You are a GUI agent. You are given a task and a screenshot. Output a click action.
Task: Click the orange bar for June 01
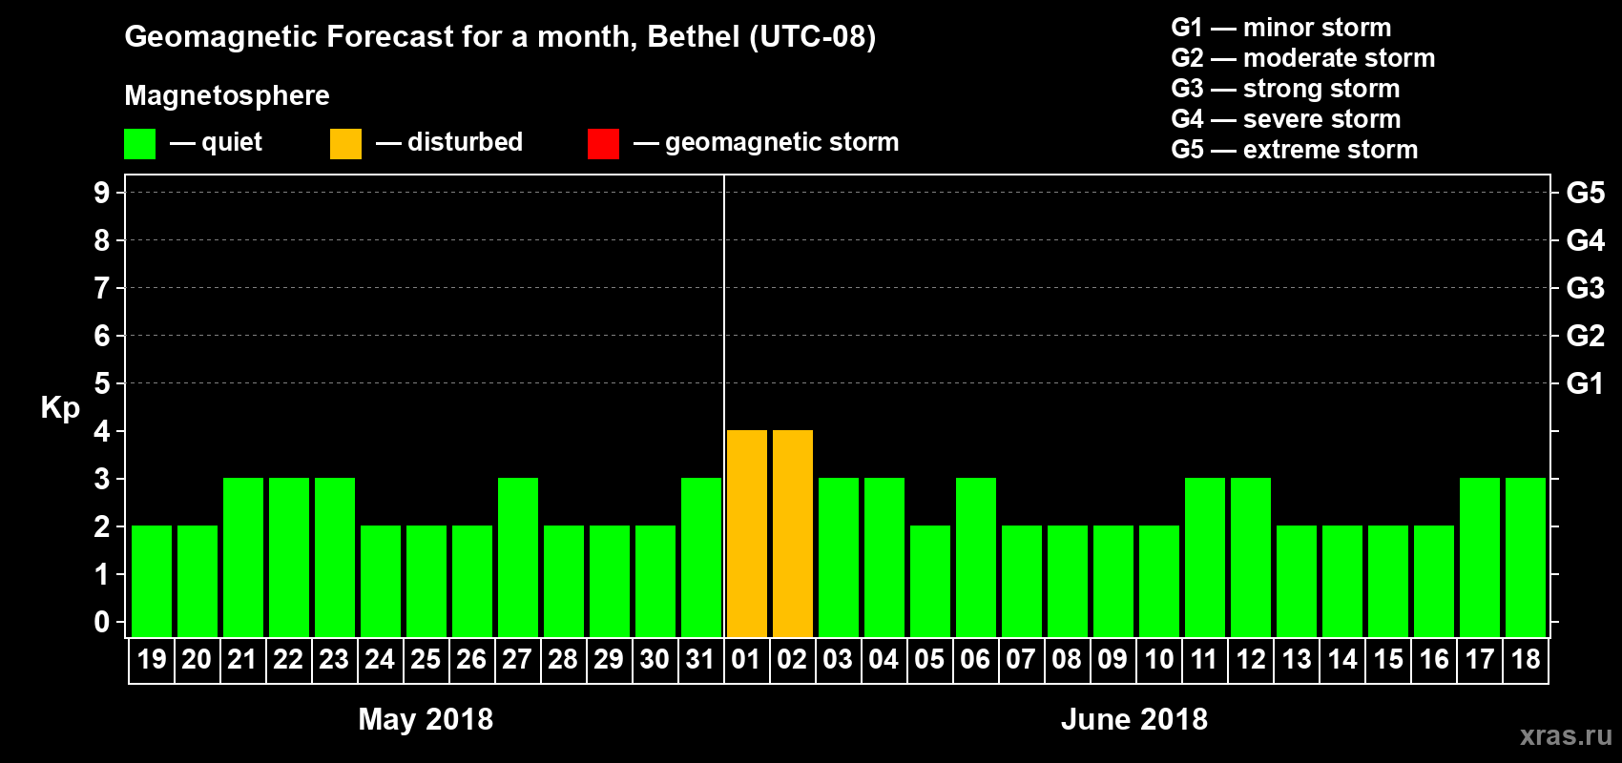[x=746, y=533]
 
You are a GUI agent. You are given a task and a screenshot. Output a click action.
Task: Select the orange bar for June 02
[x=792, y=533]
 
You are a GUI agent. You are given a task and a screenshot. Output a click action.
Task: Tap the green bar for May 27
[x=517, y=557]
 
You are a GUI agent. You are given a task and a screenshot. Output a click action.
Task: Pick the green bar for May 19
[x=151, y=581]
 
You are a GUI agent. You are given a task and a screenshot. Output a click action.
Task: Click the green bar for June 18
[x=1525, y=557]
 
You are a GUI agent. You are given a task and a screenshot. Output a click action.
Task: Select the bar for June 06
[x=975, y=557]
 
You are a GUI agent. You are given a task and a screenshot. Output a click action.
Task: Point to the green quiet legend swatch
[x=139, y=144]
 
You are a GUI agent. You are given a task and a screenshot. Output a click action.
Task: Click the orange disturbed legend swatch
[x=345, y=144]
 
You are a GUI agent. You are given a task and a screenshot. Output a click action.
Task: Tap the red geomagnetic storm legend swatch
[x=603, y=144]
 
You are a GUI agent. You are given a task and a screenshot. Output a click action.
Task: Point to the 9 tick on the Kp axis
[x=102, y=193]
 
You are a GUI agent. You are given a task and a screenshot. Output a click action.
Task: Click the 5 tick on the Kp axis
[x=102, y=383]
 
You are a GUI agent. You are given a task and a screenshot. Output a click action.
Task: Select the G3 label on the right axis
[x=1585, y=288]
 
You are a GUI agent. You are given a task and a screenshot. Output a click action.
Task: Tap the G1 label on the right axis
[x=1585, y=383]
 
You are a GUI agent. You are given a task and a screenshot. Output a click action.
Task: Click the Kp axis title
[x=60, y=407]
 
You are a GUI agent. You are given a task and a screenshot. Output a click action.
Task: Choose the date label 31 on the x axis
[x=700, y=659]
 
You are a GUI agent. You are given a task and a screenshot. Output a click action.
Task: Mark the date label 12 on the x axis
[x=1250, y=659]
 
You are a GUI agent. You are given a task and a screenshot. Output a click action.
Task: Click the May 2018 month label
[x=426, y=719]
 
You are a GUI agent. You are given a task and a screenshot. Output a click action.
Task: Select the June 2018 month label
[x=1134, y=719]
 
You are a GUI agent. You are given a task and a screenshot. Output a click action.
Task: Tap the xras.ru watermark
[x=1566, y=735]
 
